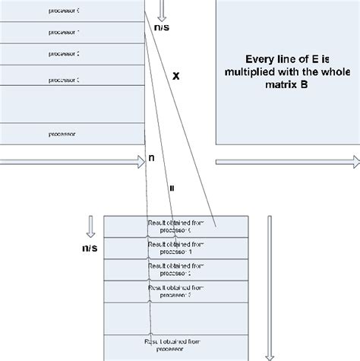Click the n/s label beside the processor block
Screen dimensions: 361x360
point(162,27)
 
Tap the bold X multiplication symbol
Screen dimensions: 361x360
point(176,76)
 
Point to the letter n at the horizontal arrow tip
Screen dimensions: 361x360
point(152,159)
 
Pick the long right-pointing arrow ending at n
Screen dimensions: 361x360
point(72,162)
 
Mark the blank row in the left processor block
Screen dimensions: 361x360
point(72,106)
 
